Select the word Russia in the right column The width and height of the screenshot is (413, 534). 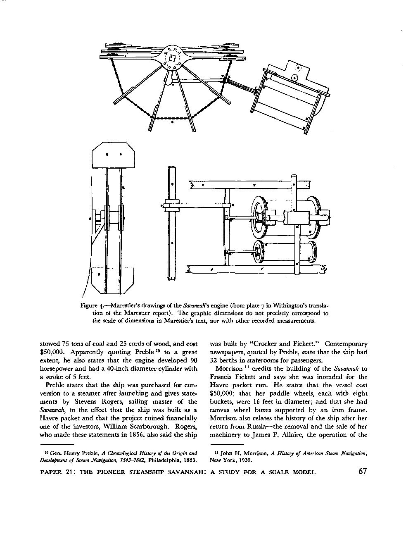pyautogui.click(x=255, y=426)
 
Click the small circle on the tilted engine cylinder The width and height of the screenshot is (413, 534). pyautogui.click(x=294, y=77)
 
